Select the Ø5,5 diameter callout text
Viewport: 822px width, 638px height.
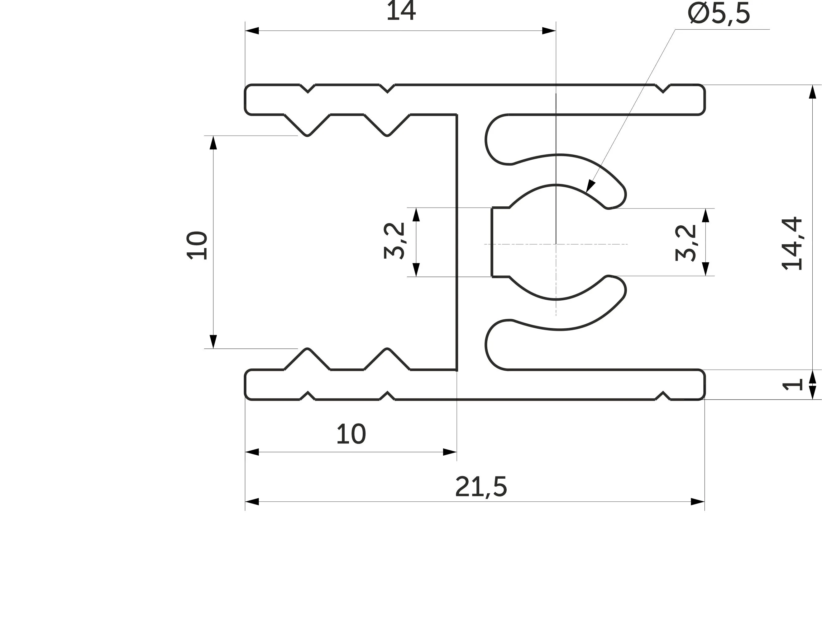coord(719,14)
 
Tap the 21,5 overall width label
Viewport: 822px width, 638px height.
coord(481,487)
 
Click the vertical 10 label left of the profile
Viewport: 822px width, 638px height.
coord(197,246)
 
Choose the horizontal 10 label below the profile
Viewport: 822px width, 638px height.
coord(351,434)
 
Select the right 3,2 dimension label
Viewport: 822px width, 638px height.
coord(686,243)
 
